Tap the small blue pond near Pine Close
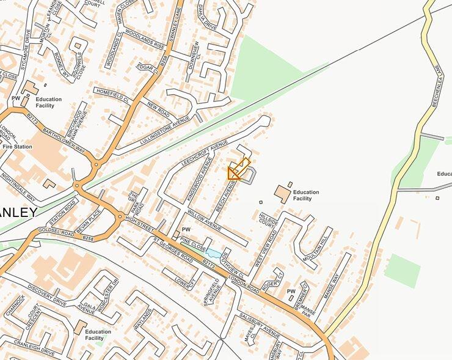pyautogui.click(x=214, y=253)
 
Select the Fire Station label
pyautogui.click(x=18, y=147)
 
